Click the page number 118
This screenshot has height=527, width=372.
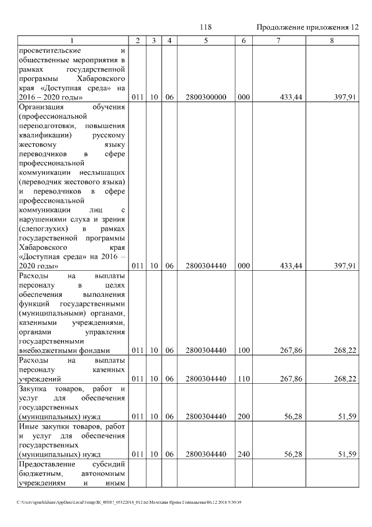click(205, 27)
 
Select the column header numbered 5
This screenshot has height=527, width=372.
click(206, 41)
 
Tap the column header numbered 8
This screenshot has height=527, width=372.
click(331, 41)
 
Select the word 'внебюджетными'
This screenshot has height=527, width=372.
click(46, 351)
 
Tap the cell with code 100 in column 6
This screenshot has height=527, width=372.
click(244, 351)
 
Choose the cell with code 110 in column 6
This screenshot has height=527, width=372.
click(244, 379)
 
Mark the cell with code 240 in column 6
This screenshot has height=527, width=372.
click(244, 454)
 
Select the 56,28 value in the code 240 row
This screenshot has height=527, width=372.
click(291, 454)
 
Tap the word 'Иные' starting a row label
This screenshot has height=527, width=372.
click(28, 426)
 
